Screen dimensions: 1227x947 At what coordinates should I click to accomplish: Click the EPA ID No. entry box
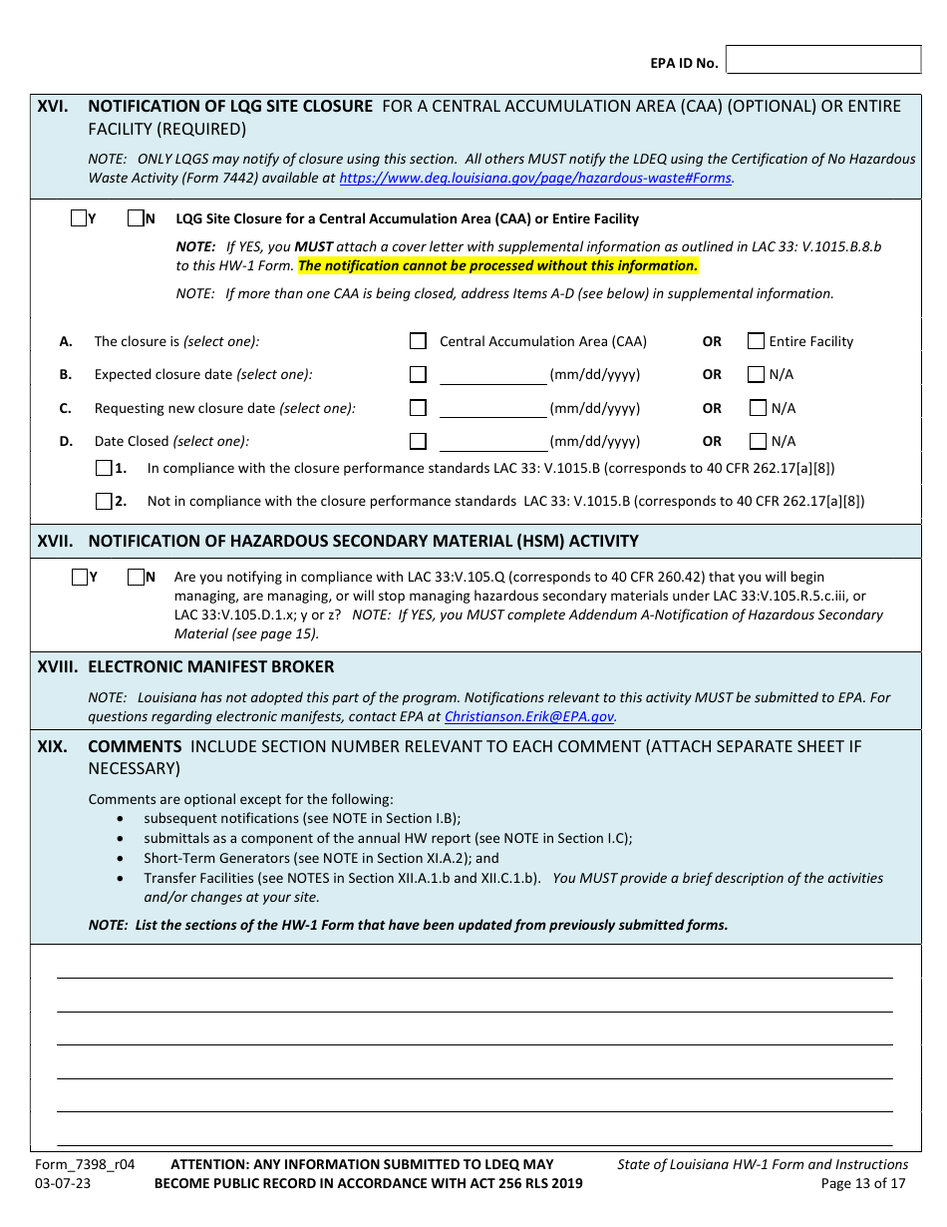coord(823,60)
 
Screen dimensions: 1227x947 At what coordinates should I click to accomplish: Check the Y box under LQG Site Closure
coord(79,218)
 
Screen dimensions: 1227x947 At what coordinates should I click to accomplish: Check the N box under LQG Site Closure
coord(136,218)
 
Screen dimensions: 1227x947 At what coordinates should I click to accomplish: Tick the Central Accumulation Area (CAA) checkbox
coord(418,341)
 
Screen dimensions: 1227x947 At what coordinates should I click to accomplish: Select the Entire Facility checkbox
coord(756,341)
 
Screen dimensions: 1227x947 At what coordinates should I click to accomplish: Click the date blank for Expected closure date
coord(492,375)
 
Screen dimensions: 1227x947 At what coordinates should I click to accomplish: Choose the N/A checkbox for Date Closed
coord(757,441)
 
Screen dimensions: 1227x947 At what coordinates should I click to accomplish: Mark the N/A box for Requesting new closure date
coord(757,408)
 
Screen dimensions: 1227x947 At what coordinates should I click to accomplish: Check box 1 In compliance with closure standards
coord(104,468)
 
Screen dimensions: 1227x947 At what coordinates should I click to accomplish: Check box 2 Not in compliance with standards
coord(104,501)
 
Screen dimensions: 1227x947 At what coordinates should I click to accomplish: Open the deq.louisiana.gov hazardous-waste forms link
coord(535,179)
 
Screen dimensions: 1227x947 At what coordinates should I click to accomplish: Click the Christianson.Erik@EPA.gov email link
coord(529,716)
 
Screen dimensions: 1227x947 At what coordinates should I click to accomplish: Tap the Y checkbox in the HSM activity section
coord(80,577)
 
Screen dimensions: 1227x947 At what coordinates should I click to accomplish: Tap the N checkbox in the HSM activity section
coord(136,577)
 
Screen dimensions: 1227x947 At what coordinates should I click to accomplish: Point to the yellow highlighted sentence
coord(497,265)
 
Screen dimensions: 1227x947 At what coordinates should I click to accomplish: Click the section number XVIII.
coord(58,666)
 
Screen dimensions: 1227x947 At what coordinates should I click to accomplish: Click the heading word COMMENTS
coord(135,746)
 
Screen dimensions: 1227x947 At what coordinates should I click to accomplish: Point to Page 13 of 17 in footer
coord(863,1184)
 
